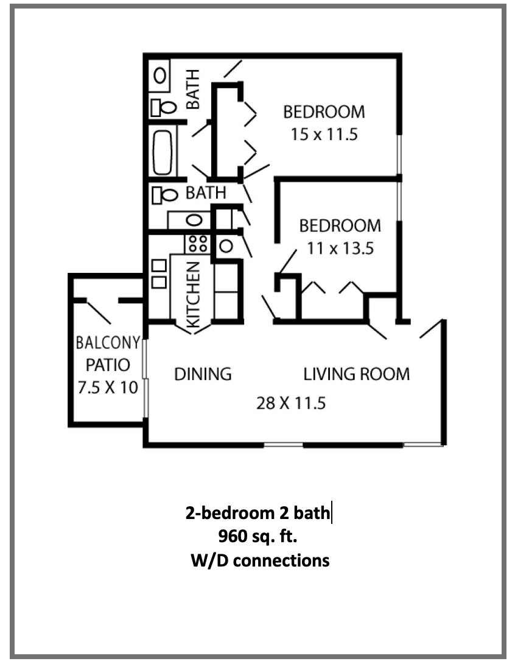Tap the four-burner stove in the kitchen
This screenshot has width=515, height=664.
tap(197, 244)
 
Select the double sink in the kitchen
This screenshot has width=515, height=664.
tap(159, 274)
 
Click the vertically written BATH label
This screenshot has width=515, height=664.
tap(193, 89)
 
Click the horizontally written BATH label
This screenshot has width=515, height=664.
tap(206, 193)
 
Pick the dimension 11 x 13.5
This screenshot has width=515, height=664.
tap(340, 248)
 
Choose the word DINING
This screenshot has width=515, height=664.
tap(203, 373)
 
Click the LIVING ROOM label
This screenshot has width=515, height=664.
tap(357, 373)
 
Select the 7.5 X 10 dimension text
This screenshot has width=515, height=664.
tap(108, 387)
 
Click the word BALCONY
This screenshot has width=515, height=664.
tap(108, 342)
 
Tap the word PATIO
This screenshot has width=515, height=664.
tap(108, 365)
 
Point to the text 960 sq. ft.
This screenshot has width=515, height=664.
tap(257, 537)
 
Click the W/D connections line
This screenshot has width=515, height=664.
tap(260, 559)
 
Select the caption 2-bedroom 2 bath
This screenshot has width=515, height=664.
tap(257, 513)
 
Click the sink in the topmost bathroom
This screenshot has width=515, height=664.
tap(160, 75)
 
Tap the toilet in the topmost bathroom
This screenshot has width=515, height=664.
tap(164, 107)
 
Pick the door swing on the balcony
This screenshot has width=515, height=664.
tap(99, 312)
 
